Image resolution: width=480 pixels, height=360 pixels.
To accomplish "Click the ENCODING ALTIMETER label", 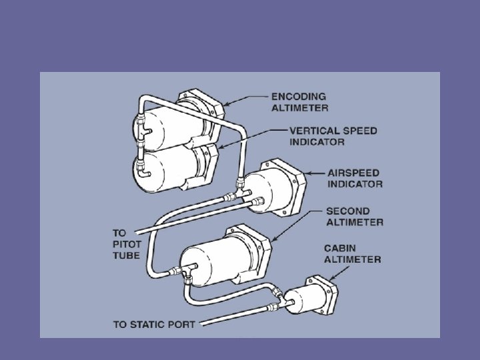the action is click(299, 102).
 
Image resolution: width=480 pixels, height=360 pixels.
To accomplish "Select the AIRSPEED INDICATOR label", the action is click(354, 177).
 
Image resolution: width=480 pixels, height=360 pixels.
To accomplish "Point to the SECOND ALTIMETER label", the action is click(355, 217).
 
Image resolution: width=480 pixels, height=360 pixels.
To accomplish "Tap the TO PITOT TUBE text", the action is click(126, 244).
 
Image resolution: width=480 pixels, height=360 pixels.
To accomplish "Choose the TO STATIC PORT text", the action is click(154, 325).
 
